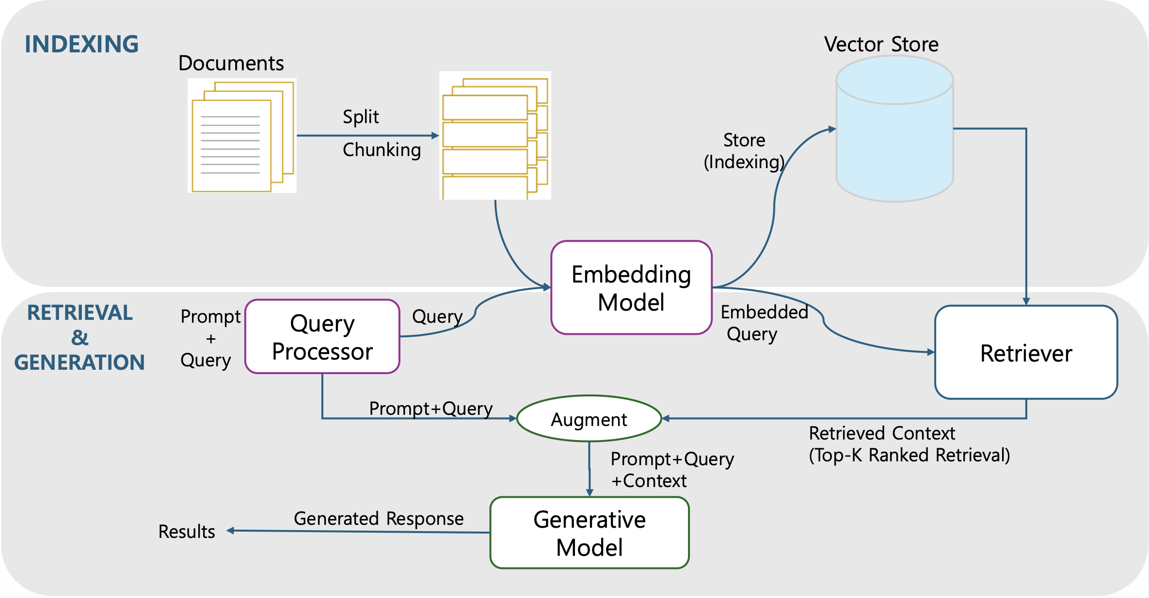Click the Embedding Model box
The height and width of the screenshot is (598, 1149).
click(x=631, y=288)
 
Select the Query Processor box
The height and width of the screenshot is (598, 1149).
click(x=322, y=337)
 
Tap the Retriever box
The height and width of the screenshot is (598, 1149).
click(x=1026, y=352)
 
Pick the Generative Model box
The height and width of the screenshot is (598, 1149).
click(x=590, y=533)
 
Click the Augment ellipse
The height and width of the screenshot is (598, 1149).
click(x=589, y=419)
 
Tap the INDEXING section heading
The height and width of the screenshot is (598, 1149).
click(x=81, y=44)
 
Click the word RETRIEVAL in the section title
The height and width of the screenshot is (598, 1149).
click(x=80, y=313)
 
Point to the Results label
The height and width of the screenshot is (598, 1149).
click(x=187, y=532)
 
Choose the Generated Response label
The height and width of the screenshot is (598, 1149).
click(x=379, y=519)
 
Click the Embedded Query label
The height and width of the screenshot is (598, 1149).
click(x=764, y=323)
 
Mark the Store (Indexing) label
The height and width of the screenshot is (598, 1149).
click(x=744, y=151)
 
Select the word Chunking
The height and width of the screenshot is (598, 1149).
click(x=382, y=150)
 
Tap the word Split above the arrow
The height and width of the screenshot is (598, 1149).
click(x=361, y=117)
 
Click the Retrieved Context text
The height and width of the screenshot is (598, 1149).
click(x=882, y=433)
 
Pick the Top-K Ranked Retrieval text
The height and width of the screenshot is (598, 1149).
click(x=910, y=455)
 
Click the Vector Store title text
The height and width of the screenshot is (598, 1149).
click(x=881, y=44)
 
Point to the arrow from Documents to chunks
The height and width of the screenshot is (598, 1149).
click(x=367, y=136)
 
